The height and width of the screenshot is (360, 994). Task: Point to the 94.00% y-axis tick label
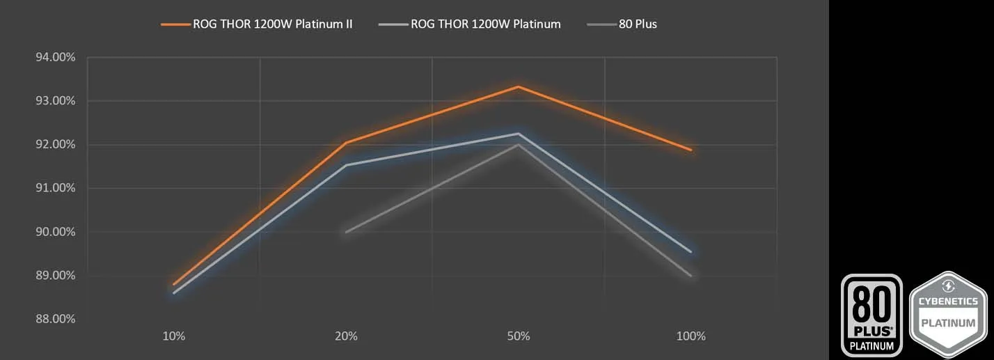point(55,57)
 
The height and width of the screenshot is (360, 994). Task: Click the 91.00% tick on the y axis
point(55,188)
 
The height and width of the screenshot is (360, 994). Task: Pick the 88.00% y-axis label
point(55,319)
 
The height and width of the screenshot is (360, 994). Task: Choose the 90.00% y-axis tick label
point(55,232)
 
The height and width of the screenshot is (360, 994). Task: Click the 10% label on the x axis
point(173,336)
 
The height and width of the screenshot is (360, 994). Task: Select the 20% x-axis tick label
point(346,336)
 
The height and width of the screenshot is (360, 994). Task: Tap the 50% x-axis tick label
point(519,336)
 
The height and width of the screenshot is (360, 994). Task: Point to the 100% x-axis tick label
point(691,336)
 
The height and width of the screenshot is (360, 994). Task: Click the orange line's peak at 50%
point(519,86)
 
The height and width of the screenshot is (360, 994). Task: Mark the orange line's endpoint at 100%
point(691,150)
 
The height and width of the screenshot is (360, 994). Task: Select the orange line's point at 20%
point(346,143)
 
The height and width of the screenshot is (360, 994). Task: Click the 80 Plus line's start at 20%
point(346,232)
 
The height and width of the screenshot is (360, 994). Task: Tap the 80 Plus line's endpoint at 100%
point(691,276)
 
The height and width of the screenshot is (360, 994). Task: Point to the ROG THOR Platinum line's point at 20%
point(346,165)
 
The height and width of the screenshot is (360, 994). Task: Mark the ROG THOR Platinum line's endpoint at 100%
point(691,251)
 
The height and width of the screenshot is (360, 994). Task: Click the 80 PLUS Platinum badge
point(871,315)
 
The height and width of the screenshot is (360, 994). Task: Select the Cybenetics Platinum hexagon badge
point(949,315)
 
